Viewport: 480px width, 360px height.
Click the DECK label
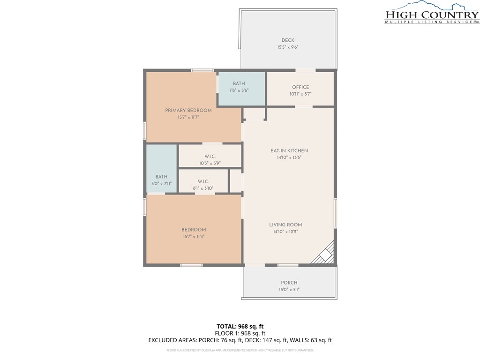coord(288,40)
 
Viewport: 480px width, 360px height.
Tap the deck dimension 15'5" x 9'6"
coord(288,47)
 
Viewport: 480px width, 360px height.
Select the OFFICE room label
coord(300,87)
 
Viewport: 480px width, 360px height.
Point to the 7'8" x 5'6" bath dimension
coord(239,90)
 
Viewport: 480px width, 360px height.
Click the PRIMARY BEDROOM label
coord(188,111)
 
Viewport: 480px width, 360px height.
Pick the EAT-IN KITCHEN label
coord(289,150)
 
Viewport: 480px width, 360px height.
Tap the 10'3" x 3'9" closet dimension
coord(210,163)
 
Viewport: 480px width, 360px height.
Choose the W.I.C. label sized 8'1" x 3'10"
coord(203,181)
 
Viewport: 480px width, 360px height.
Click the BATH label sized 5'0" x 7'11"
coord(161,177)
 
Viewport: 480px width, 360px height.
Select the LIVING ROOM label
coord(285,225)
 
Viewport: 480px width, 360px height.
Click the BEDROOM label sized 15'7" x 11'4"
coord(194,230)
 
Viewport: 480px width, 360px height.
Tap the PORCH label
coord(289,283)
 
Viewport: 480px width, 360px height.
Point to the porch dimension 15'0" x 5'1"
coord(289,290)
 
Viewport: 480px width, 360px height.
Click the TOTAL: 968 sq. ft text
coord(240,326)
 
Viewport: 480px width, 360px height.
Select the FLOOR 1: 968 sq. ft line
coord(240,333)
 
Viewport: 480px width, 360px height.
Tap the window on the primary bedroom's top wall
coord(202,70)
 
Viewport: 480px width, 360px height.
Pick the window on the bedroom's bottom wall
coord(191,265)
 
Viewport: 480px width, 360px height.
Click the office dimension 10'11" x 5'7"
coord(300,94)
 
